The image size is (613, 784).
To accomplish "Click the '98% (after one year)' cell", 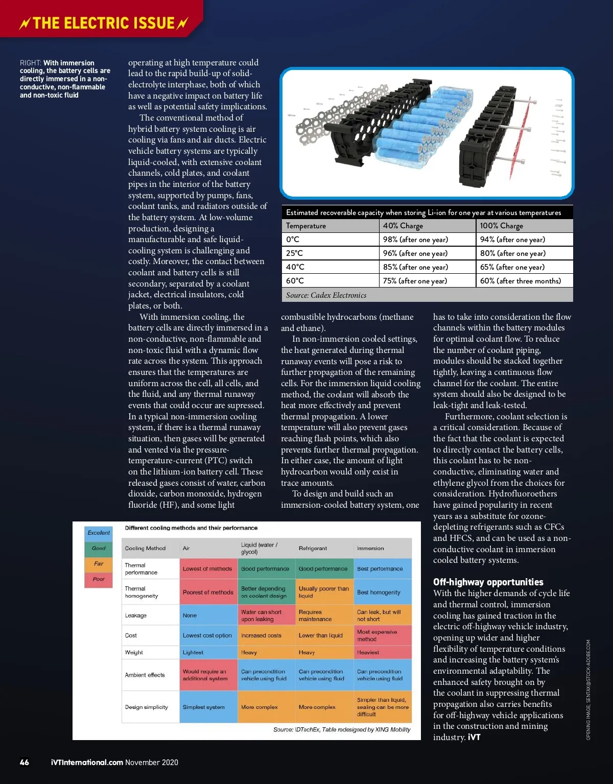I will point(415,240).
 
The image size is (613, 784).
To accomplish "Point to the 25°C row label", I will point(295,253).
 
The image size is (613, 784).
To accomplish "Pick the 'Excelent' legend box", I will point(99,533).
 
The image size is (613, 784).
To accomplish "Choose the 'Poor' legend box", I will point(99,579).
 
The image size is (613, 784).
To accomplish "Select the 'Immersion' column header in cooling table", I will point(370,549).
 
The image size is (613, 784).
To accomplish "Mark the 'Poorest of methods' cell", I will point(208,592).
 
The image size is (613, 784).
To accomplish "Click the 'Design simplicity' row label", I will point(147,707).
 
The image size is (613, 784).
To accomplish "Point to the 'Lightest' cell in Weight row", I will point(193,653).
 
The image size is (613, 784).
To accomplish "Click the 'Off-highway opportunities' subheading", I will point(488,582).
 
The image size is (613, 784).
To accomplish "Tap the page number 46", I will point(24,763).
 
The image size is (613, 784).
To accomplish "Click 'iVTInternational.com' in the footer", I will point(87,763).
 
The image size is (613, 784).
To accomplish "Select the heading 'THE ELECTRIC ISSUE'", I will point(104,23).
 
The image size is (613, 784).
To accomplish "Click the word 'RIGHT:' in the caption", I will point(31,63).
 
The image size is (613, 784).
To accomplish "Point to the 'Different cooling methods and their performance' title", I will point(191,528).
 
